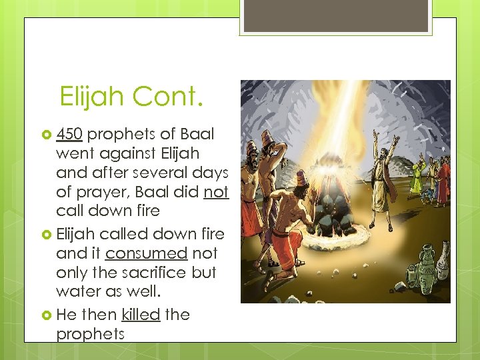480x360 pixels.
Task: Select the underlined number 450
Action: (x=69, y=134)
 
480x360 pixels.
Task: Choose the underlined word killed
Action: (x=141, y=314)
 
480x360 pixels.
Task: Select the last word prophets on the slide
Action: (x=90, y=334)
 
